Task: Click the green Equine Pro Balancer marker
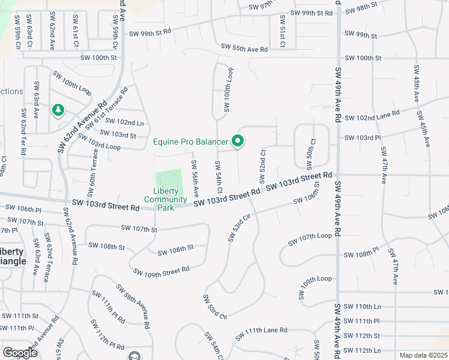point(238,142)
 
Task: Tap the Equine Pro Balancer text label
point(190,142)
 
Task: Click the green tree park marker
point(58,110)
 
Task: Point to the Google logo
point(20,353)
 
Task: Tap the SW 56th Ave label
point(196,179)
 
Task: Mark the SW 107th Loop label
point(309,239)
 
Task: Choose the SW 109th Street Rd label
point(161,273)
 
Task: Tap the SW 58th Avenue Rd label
point(132,306)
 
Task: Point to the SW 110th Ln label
point(364,306)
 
